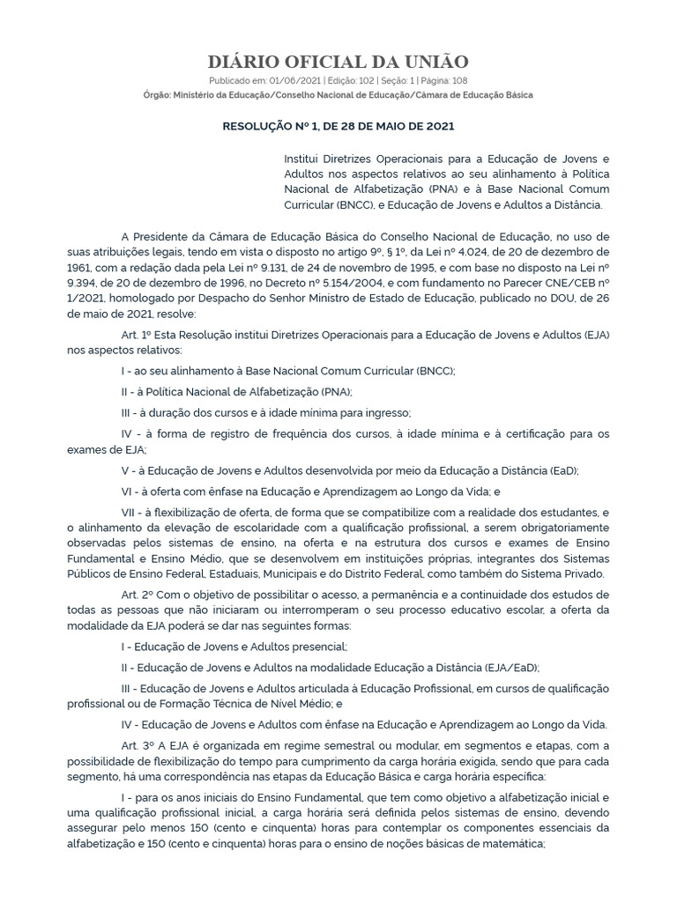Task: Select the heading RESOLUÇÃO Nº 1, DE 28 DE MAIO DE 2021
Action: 338,126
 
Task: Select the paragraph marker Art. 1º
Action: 138,334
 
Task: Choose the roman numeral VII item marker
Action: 130,512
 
